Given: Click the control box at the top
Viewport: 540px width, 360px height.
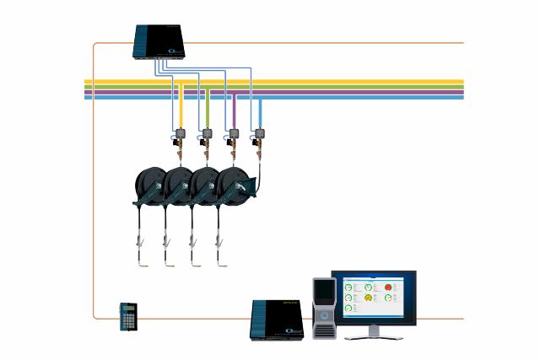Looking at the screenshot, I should pos(166,41).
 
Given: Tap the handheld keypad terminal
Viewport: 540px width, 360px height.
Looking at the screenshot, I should pos(128,315).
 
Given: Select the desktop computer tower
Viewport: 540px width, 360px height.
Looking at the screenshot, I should pos(324,308).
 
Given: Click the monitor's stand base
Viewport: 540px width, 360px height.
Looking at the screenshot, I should pos(371,335).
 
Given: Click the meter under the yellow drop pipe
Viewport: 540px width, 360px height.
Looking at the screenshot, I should pos(180,134).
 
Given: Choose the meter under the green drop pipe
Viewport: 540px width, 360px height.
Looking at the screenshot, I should pos(205,134).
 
